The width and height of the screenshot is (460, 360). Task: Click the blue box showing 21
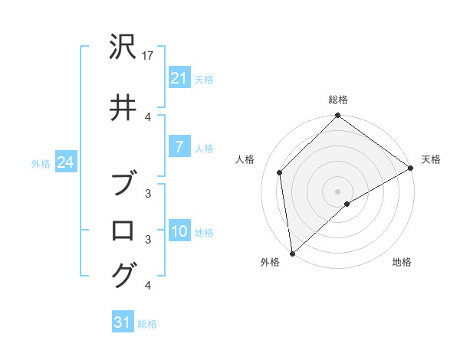[179, 78]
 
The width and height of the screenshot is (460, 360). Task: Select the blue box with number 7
[179, 147]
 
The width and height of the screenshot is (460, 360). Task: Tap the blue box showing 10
[179, 232]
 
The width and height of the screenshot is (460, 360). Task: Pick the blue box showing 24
[64, 163]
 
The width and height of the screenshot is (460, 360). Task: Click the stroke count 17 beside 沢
[149, 56]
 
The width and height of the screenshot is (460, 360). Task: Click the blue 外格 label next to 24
[41, 164]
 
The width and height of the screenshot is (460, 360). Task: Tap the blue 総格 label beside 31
[147, 324]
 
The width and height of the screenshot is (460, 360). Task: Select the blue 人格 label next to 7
[204, 148]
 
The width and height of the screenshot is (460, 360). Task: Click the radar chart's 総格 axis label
[338, 100]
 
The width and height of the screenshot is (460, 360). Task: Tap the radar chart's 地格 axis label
[402, 263]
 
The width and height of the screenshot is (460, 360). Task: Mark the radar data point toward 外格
[292, 254]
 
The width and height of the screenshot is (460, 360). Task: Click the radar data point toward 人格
[280, 172]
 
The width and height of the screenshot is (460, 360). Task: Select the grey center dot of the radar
[338, 191]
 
